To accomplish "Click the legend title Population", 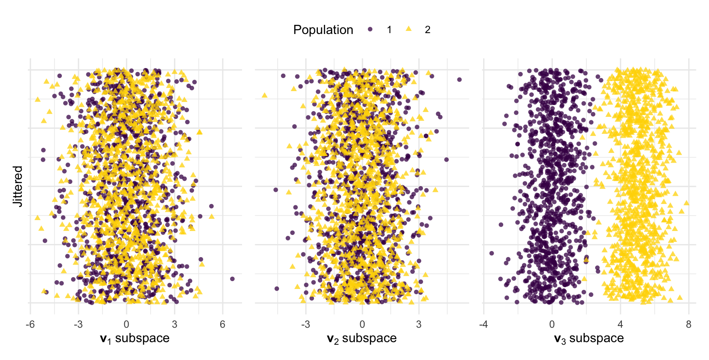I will (x=323, y=30).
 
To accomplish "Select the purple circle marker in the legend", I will (x=370, y=30).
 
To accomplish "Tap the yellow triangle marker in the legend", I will (x=409, y=29).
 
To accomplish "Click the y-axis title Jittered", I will (x=17, y=186).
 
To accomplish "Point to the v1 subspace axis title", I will (x=135, y=338).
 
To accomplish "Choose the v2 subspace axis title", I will (x=362, y=338).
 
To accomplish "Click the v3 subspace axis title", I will (x=589, y=338).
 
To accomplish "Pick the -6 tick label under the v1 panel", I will (x=30, y=325).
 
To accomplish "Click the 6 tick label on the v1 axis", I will (x=222, y=325).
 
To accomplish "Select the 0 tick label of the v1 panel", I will (x=126, y=325).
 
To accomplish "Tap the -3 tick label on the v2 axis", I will (x=305, y=325).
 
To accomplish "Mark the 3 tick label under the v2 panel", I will (x=419, y=325).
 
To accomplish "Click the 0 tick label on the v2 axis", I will (x=362, y=325).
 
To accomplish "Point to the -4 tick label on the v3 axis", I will (x=483, y=325).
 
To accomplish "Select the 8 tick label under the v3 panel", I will (x=689, y=325).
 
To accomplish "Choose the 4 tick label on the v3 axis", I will (x=620, y=325).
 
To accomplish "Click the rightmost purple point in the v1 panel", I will (x=232, y=279).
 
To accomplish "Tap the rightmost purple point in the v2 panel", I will (x=459, y=79).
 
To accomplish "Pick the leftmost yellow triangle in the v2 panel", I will (x=264, y=95).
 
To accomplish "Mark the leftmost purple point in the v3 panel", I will (x=492, y=253).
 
